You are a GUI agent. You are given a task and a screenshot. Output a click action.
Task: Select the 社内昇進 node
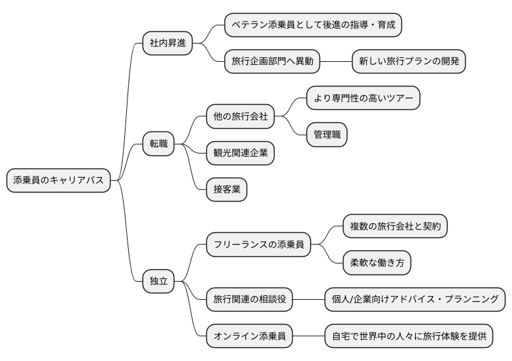tap(168, 44)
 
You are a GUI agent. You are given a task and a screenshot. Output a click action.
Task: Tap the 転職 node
tap(159, 144)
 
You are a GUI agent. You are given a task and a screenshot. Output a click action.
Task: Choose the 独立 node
tap(159, 281)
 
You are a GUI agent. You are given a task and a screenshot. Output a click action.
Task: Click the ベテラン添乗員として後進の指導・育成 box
tap(313, 25)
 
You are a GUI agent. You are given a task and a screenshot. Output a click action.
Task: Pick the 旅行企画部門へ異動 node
tap(273, 62)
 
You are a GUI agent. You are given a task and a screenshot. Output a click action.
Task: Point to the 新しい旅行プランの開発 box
tap(409, 62)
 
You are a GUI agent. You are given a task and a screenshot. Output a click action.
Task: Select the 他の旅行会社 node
tap(240, 117)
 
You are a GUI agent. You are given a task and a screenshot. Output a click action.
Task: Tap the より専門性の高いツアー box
tap(363, 98)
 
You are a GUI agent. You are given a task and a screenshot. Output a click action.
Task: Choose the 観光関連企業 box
tap(240, 153)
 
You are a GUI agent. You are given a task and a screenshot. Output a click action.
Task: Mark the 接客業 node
tap(226, 189)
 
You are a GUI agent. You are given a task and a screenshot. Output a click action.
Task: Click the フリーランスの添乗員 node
tap(258, 245)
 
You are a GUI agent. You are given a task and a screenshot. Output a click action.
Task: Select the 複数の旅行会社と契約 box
tap(395, 226)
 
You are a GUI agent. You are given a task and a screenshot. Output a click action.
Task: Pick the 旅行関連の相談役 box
tap(249, 299)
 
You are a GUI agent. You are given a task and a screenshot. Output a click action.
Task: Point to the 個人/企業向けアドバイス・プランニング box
tap(415, 299)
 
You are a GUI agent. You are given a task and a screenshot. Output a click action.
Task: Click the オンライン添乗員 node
tap(249, 336)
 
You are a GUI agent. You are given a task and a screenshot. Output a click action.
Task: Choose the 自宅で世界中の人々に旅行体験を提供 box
tap(409, 336)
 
